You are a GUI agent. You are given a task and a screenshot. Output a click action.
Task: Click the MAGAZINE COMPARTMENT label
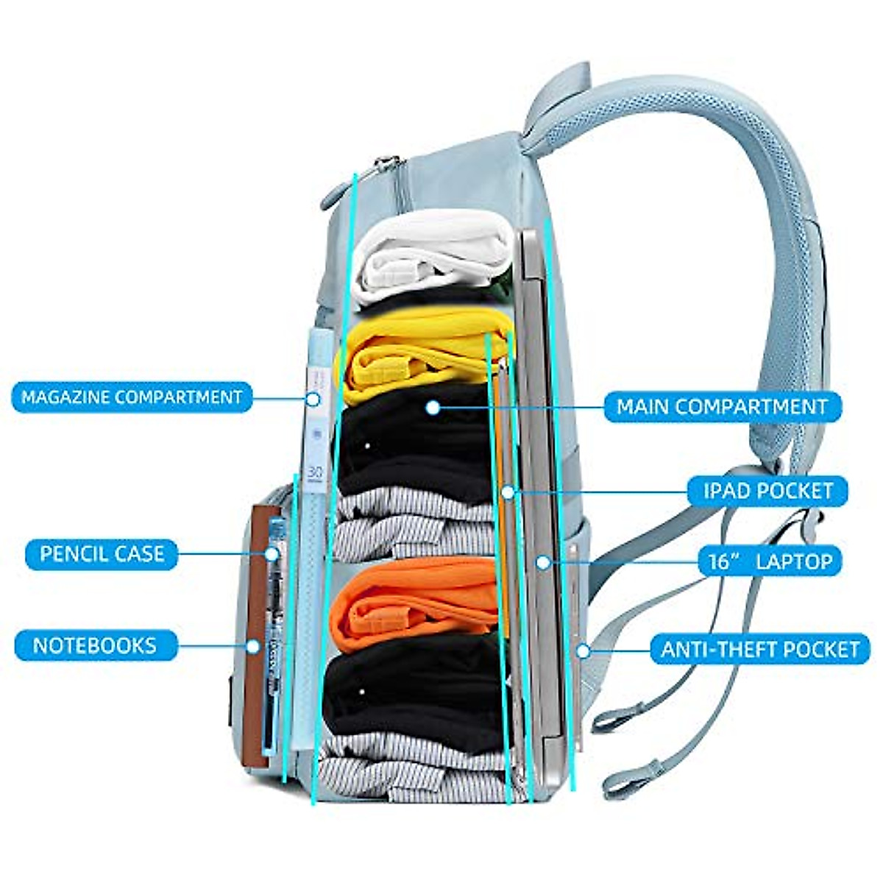point(132,397)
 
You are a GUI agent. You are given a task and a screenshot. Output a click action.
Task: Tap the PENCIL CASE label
point(102,553)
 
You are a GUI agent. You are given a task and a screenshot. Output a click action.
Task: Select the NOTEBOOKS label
point(95,646)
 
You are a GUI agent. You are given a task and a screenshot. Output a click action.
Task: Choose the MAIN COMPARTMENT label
point(722,406)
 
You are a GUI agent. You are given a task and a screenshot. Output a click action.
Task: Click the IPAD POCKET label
point(767,491)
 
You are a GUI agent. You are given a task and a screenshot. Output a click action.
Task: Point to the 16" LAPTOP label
point(770,562)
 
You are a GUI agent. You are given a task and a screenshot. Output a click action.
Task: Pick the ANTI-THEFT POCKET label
point(760,650)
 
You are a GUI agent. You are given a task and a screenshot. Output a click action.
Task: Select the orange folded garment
point(416,596)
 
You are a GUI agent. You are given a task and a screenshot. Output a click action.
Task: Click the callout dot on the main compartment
point(433,407)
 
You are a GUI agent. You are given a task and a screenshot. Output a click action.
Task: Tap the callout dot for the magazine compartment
point(313,399)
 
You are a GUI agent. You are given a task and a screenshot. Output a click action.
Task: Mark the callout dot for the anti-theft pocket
point(583,650)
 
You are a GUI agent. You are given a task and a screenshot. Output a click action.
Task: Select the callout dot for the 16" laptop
point(543,562)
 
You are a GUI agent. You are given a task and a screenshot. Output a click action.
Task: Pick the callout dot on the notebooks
point(253,647)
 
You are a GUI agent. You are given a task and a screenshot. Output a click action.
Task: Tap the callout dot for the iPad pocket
point(508,492)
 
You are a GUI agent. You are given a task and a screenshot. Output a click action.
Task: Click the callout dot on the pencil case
point(271,554)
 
